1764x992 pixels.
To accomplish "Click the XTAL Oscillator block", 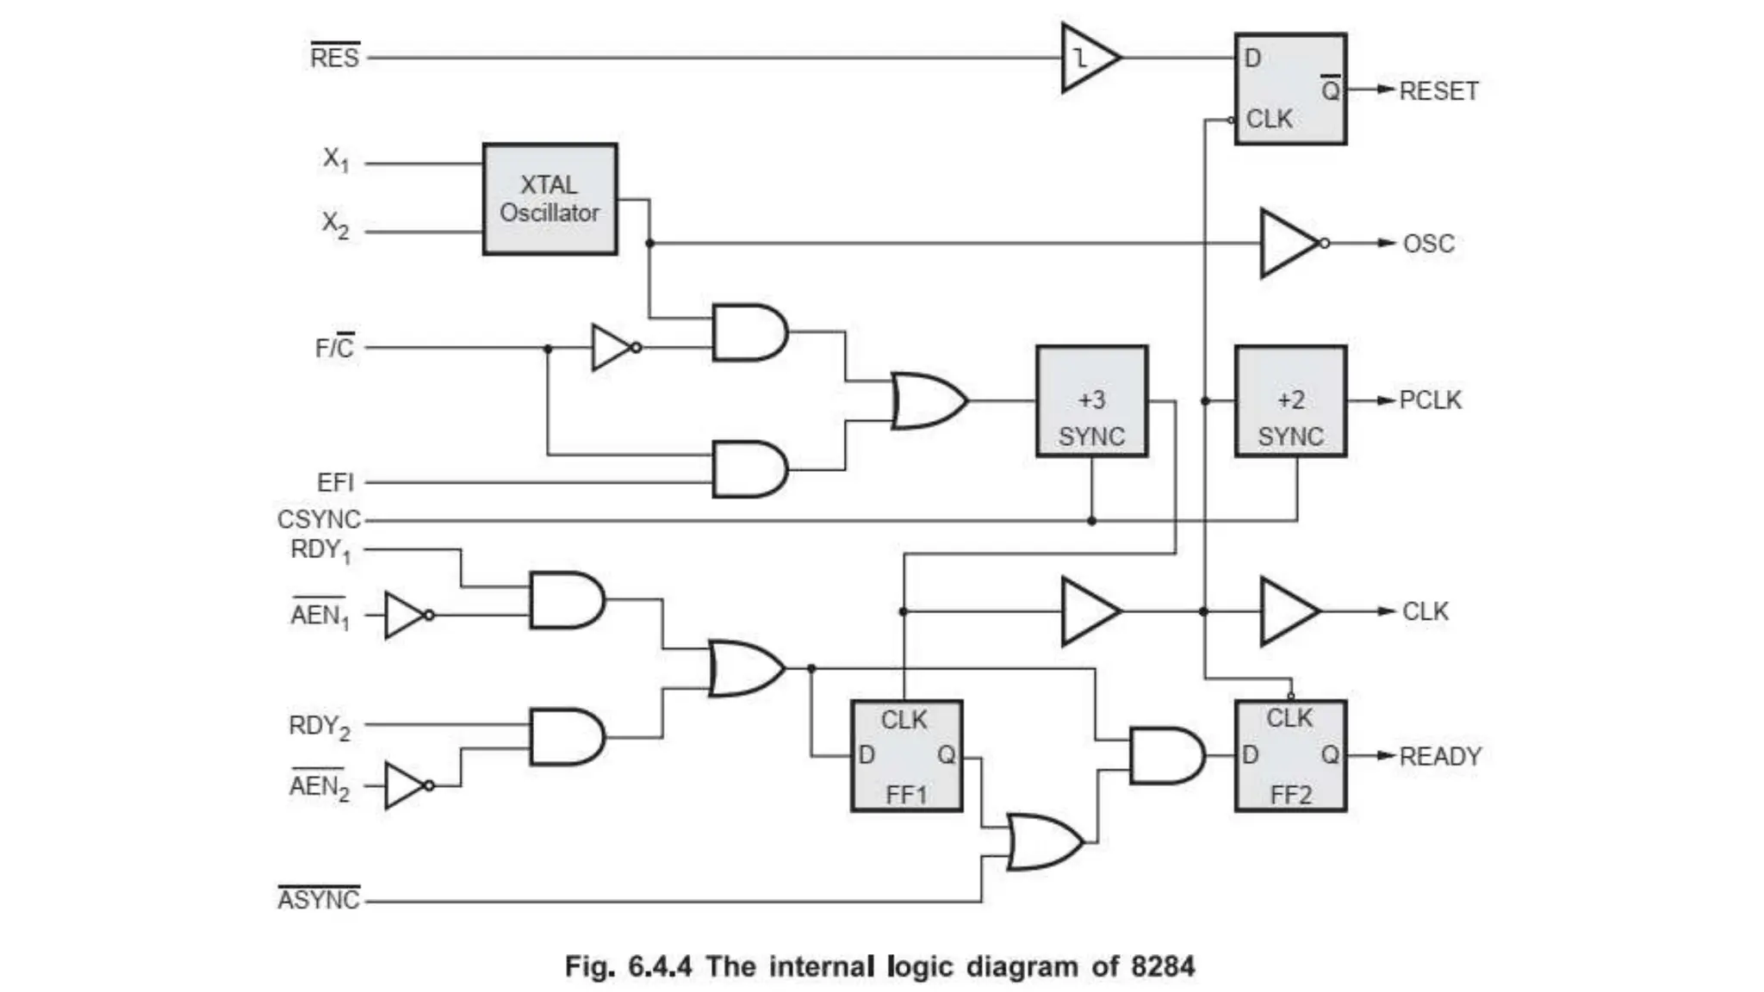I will (550, 199).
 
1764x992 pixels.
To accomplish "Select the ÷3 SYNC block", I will (1091, 401).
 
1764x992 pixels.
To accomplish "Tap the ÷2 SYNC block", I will (1290, 401).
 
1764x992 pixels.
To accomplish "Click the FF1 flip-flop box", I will (906, 756).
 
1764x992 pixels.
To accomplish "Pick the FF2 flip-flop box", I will (1290, 756).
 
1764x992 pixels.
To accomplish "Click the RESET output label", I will (1438, 90).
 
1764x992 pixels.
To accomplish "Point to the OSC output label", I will (1428, 244).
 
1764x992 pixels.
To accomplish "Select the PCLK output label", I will (1430, 400).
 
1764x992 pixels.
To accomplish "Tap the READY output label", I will (1440, 756).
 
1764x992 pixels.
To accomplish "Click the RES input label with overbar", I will (334, 57).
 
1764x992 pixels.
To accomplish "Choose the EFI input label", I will (335, 482).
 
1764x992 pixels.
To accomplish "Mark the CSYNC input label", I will (319, 519).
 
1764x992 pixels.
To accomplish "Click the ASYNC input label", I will (318, 899).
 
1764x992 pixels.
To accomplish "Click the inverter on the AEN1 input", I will (405, 615).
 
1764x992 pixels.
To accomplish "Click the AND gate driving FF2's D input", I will (1165, 756).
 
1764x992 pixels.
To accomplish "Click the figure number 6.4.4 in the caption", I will (659, 966).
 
